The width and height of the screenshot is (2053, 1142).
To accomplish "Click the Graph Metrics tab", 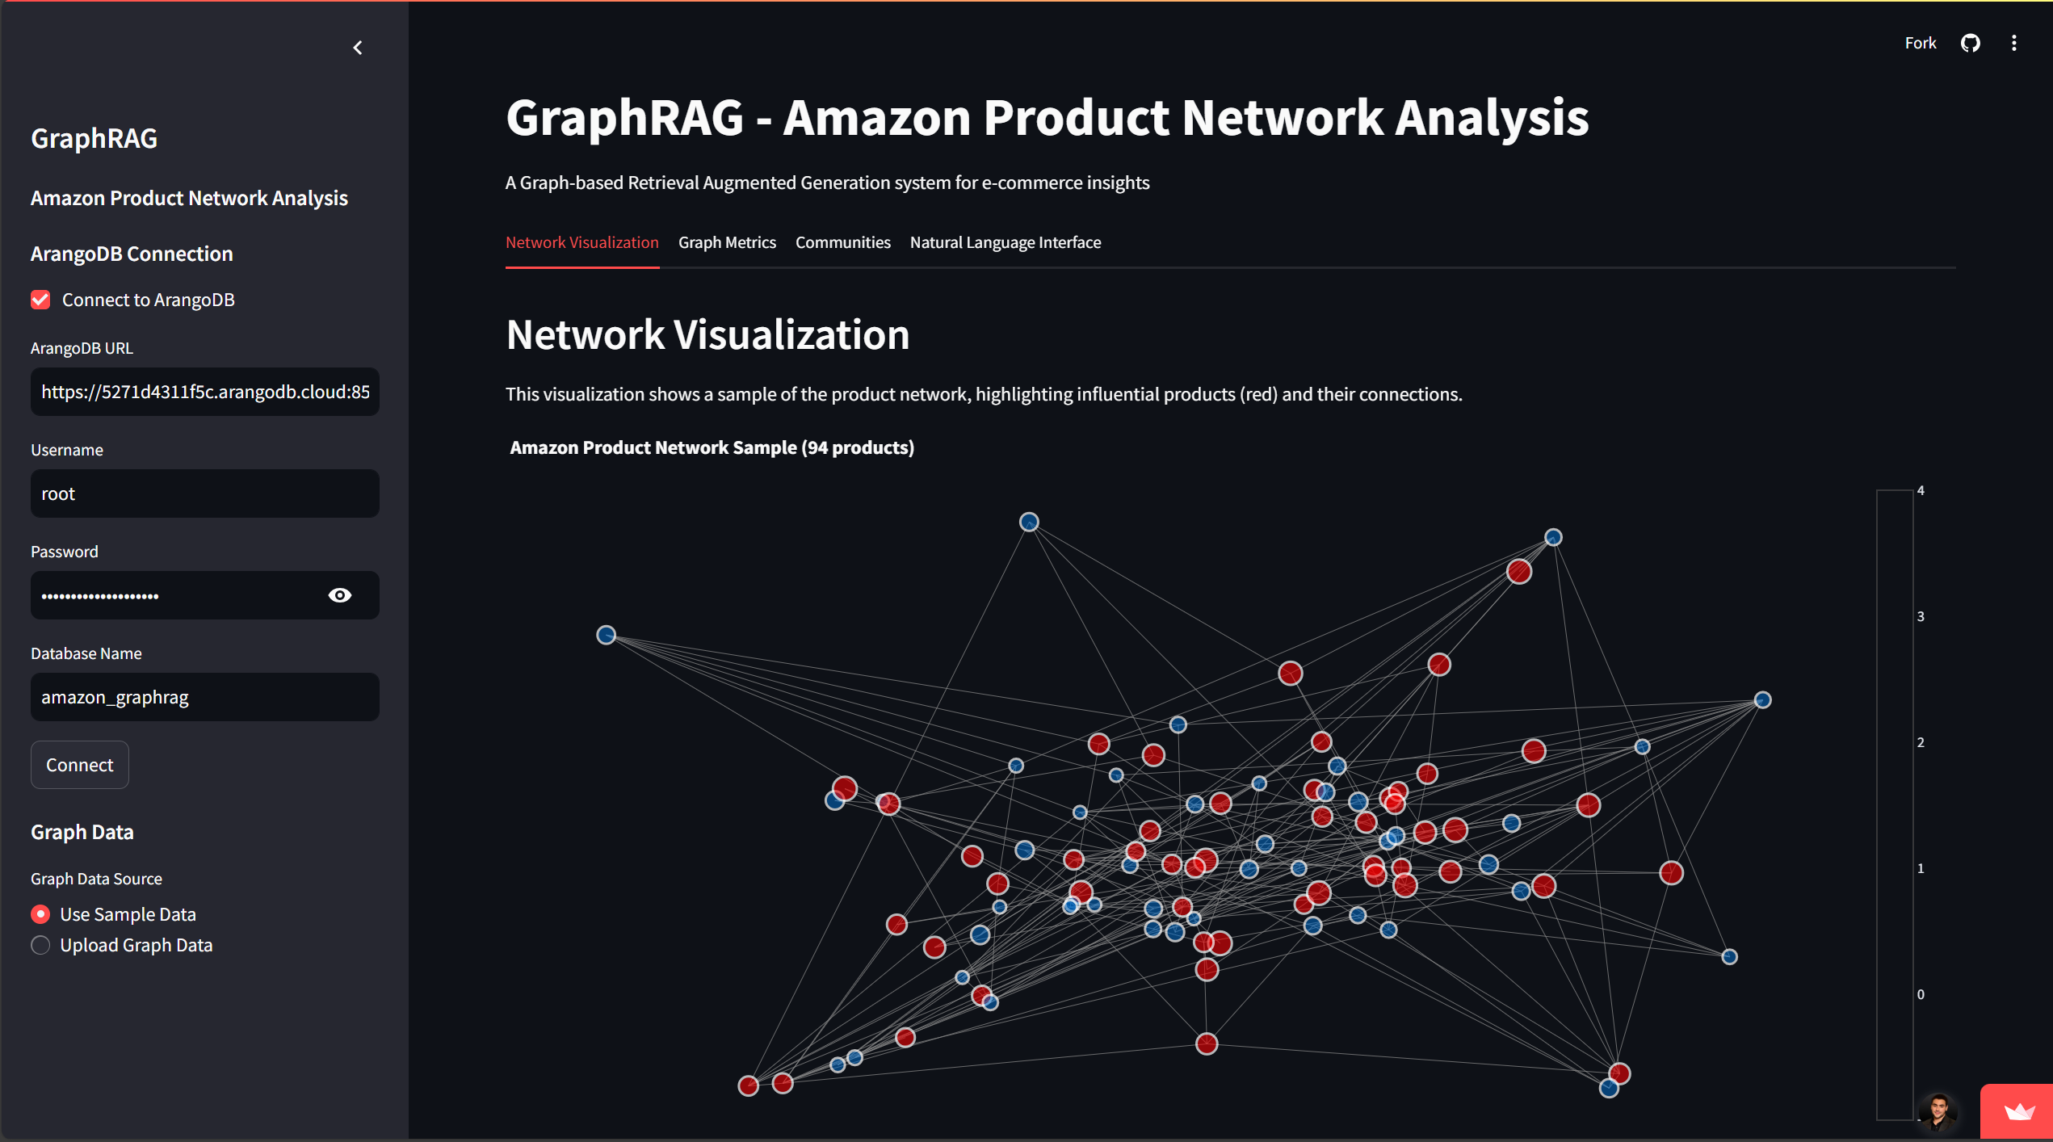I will point(727,242).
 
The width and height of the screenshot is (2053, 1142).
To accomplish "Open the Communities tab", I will point(842,242).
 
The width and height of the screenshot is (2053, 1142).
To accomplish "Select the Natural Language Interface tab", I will point(1005,242).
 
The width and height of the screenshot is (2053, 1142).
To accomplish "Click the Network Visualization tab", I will point(581,242).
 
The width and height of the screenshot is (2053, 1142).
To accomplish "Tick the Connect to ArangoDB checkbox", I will point(40,300).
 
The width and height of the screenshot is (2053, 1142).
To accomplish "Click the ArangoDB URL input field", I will point(205,392).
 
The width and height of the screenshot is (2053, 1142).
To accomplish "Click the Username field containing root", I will point(205,493).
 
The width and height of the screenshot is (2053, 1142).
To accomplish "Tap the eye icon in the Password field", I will point(340,595).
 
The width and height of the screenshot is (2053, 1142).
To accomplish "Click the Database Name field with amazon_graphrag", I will point(205,697).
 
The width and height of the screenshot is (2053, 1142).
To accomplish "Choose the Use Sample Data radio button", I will point(40,914).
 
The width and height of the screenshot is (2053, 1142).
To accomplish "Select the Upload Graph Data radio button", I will point(40,945).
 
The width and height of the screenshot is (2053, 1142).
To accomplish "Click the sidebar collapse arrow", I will point(358,48).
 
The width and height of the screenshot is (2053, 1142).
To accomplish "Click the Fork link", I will point(1920,43).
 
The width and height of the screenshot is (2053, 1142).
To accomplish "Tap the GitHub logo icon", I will point(1970,43).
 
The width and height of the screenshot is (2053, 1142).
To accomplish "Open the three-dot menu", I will point(2013,43).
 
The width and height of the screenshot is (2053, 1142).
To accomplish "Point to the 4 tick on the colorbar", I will point(1921,490).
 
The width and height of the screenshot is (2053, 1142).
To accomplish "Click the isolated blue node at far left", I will point(606,635).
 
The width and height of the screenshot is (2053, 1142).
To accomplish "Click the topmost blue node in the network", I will point(1028,522).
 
